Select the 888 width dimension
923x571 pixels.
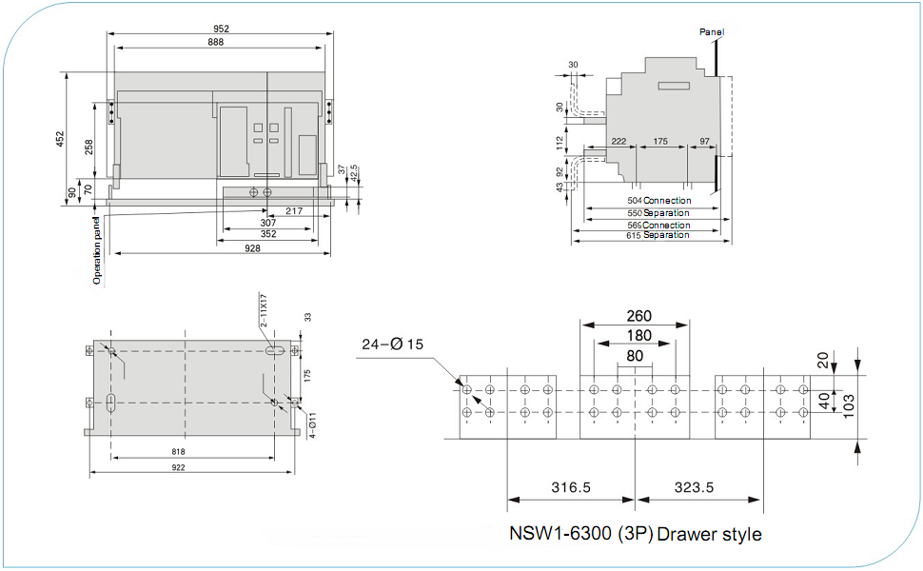[x=222, y=43]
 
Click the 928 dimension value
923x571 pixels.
[x=252, y=248]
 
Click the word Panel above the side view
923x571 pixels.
[x=712, y=32]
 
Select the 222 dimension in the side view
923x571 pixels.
[x=619, y=141]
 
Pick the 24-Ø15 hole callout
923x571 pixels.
[x=392, y=345]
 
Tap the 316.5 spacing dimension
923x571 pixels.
[x=570, y=487]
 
